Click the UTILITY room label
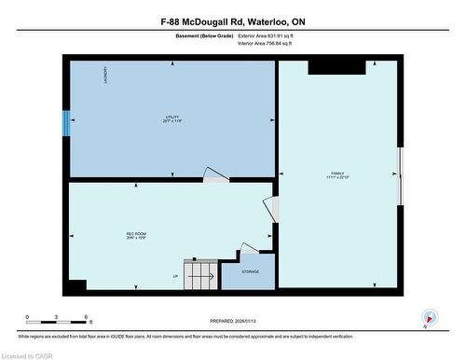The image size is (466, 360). click(170, 118)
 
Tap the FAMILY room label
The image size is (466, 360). click(336, 174)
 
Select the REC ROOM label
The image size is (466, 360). click(137, 235)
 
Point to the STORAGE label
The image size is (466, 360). click(250, 271)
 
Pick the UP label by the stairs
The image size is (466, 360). click(175, 277)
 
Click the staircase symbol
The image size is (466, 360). click(199, 273)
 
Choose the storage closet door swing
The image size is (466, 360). click(248, 249)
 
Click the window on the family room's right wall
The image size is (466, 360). click(401, 174)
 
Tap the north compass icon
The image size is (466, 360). click(428, 317)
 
